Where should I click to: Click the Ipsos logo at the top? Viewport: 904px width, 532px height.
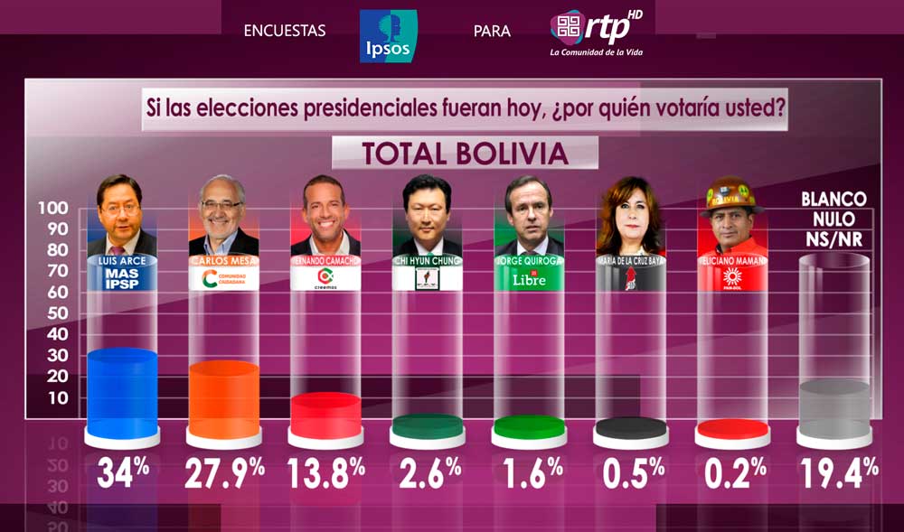(x=388, y=36)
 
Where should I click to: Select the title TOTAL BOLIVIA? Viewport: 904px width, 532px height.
(x=465, y=154)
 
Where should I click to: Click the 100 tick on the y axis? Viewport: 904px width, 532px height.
(x=52, y=208)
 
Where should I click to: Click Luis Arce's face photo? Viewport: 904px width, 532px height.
(x=121, y=210)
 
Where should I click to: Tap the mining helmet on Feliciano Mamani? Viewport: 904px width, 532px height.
(x=732, y=191)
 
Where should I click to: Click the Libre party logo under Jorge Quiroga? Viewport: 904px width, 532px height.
(x=530, y=278)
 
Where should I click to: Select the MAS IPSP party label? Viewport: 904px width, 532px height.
(x=121, y=278)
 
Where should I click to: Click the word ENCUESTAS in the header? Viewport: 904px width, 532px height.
(x=285, y=32)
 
